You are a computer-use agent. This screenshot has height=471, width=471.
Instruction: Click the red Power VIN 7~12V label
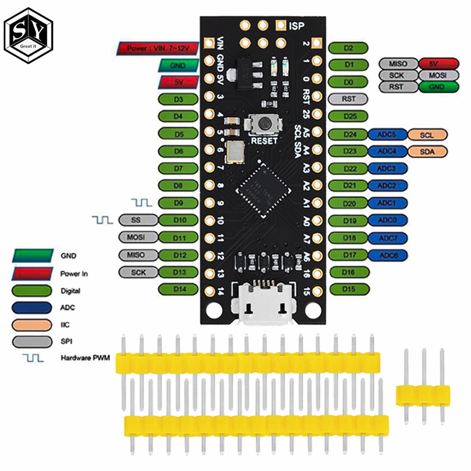(157, 48)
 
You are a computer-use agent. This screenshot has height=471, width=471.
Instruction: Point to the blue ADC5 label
(388, 135)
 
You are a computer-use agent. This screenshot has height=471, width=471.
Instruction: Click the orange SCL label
(428, 135)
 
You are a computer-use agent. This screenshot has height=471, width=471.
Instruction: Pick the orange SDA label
(428, 151)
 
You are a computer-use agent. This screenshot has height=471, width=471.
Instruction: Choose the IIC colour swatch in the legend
(32, 325)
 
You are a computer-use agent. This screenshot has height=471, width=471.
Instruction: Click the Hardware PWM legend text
(85, 358)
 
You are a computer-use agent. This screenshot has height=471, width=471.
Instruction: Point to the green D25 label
(348, 116)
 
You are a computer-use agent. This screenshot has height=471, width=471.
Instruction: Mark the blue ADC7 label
(388, 238)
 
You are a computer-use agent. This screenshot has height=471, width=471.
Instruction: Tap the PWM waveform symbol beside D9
(141, 203)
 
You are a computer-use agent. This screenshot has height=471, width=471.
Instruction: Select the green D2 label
(348, 48)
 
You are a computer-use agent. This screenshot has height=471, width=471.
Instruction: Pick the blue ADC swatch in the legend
(32, 308)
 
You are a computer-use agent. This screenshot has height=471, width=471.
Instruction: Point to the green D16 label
(348, 272)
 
